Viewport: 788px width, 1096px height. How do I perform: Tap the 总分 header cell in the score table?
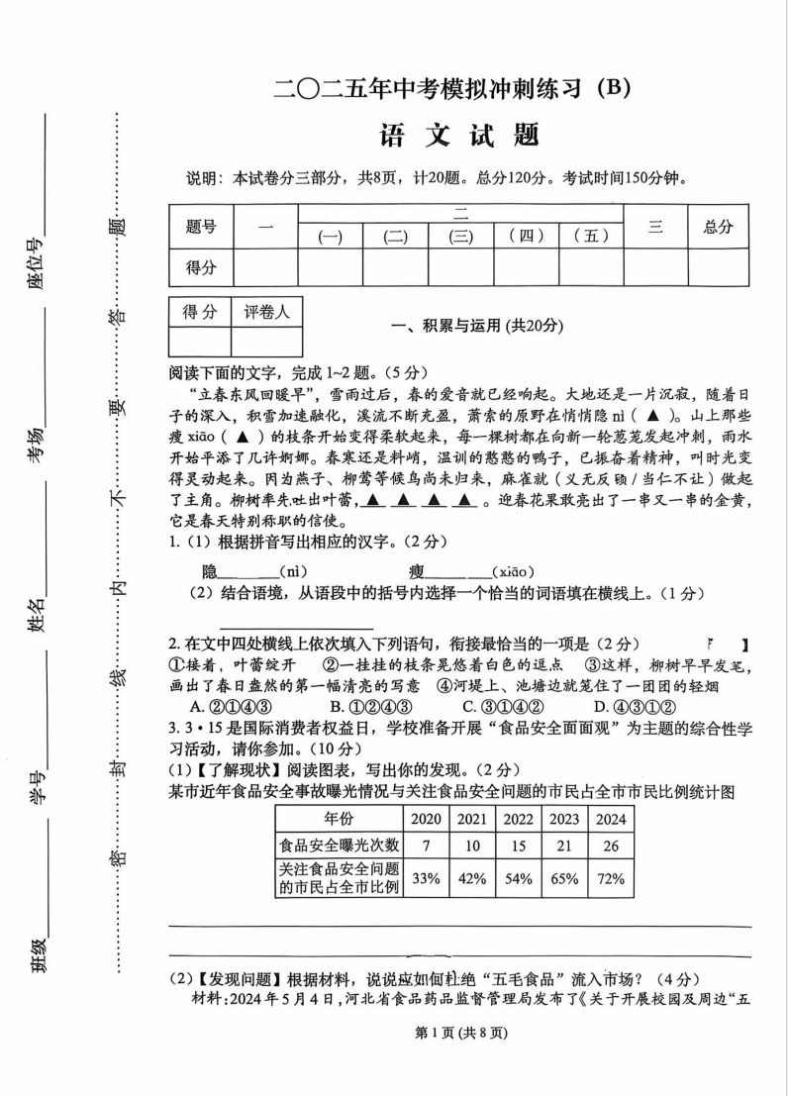[718, 227]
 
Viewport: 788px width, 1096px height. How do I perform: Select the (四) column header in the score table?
[526, 237]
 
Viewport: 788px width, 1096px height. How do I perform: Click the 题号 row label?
[201, 227]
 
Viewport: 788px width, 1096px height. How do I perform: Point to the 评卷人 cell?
[266, 313]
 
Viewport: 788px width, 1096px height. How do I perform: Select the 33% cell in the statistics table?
[426, 877]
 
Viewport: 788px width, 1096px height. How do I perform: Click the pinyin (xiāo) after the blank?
[514, 571]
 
